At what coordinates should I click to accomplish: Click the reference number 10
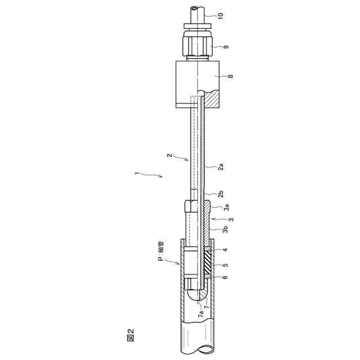click(x=220, y=15)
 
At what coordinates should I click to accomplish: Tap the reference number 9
click(x=226, y=47)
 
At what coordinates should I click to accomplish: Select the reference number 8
click(x=231, y=76)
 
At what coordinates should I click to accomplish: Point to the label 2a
click(x=221, y=166)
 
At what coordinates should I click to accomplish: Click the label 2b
click(x=221, y=194)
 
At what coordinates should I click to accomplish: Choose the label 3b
click(x=226, y=229)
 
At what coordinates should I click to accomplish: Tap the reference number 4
click(x=226, y=250)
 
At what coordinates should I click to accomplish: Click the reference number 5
click(x=226, y=265)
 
